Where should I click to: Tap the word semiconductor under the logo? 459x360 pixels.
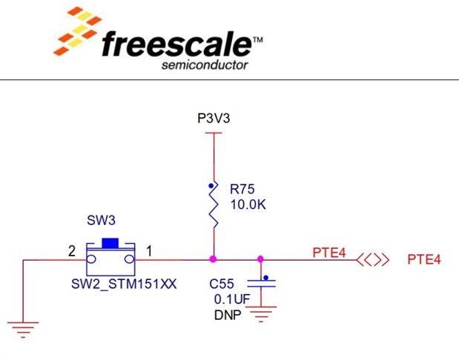coord(205,64)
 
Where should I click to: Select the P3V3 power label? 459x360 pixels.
coord(214,119)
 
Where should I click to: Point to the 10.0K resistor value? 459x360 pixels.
coord(248,204)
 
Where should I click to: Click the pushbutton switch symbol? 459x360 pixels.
coord(110,256)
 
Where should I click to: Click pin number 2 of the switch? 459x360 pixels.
coord(72,252)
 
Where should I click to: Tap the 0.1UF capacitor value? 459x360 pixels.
coord(229,299)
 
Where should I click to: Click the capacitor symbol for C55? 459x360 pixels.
coord(260,282)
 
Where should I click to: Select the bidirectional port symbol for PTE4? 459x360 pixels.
coord(372,259)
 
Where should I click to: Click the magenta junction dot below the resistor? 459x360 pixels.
coord(214,259)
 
